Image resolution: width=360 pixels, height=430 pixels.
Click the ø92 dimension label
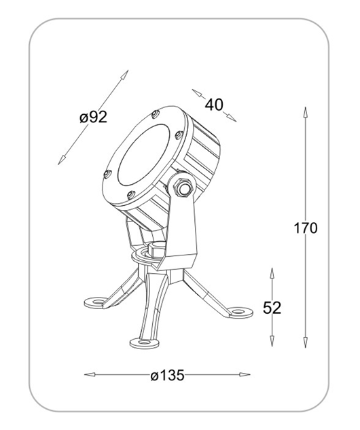(x=93, y=118)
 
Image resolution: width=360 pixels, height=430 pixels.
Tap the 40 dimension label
(x=214, y=105)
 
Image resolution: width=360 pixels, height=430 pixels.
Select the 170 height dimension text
(x=306, y=228)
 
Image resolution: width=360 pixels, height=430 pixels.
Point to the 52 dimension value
(x=272, y=308)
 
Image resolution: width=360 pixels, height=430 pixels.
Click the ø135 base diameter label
(x=168, y=375)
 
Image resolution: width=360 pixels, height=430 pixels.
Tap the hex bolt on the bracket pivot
(x=183, y=187)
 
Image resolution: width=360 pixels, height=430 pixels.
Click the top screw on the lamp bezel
(x=155, y=114)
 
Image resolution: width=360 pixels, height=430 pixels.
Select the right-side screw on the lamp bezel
(x=179, y=135)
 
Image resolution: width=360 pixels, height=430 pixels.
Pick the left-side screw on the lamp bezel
(x=107, y=174)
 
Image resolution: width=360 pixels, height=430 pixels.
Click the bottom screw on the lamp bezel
(x=131, y=195)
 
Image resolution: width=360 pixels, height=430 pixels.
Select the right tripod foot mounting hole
(x=239, y=312)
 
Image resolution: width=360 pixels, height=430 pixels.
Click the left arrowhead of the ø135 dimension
(x=90, y=374)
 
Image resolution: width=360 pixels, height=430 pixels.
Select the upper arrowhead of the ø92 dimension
(x=125, y=75)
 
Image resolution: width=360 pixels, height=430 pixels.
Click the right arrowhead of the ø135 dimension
(x=245, y=374)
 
